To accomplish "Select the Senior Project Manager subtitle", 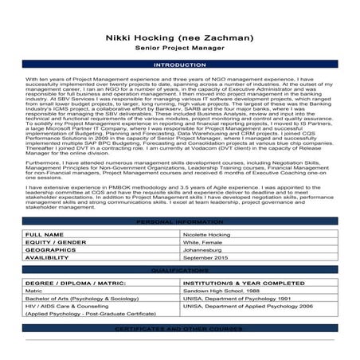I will pyautogui.click(x=180, y=48).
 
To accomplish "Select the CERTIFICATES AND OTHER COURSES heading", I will pyautogui.click(x=180, y=351).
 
